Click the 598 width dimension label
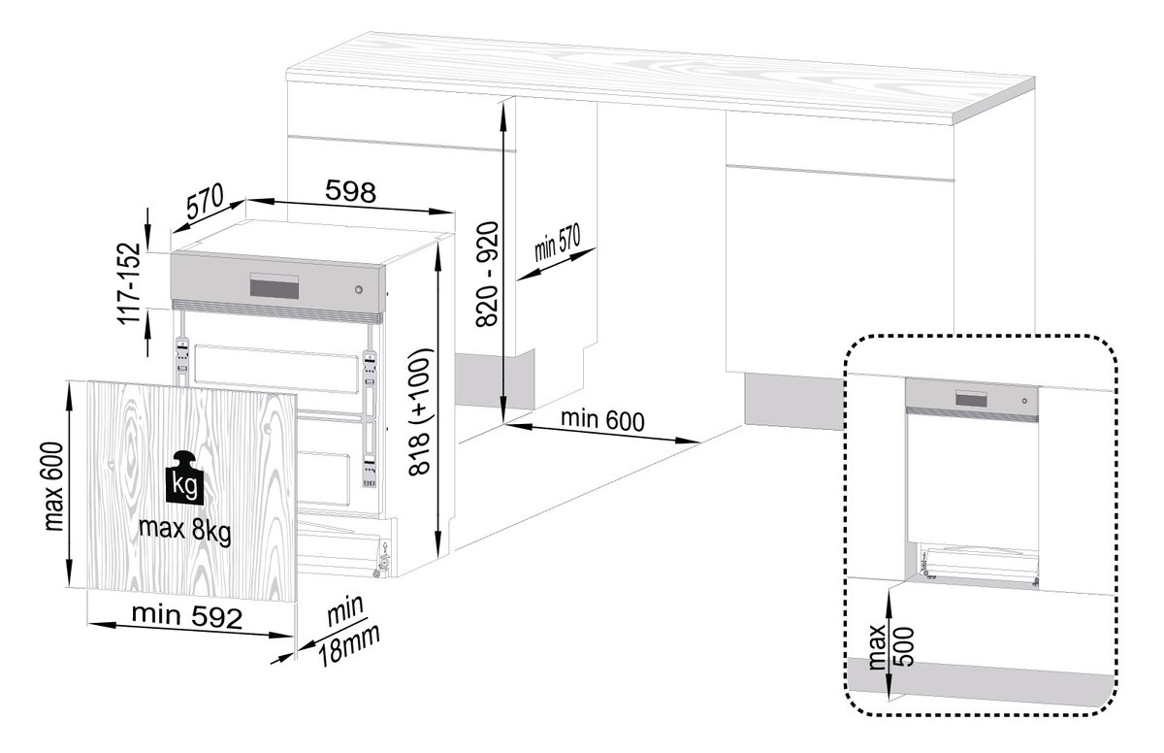(350, 191)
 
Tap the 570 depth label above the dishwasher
(206, 201)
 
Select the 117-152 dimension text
(129, 283)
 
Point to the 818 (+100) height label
(420, 411)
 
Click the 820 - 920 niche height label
(487, 274)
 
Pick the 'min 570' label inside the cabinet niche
(557, 244)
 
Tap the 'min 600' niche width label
(602, 420)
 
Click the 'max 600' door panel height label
(53, 486)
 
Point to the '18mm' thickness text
(348, 645)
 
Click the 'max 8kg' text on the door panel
(185, 531)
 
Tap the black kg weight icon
(184, 477)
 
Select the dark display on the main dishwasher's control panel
(275, 286)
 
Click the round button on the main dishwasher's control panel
(359, 290)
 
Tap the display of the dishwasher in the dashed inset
(971, 398)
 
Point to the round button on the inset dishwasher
(1024, 401)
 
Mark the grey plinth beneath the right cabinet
(794, 401)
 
